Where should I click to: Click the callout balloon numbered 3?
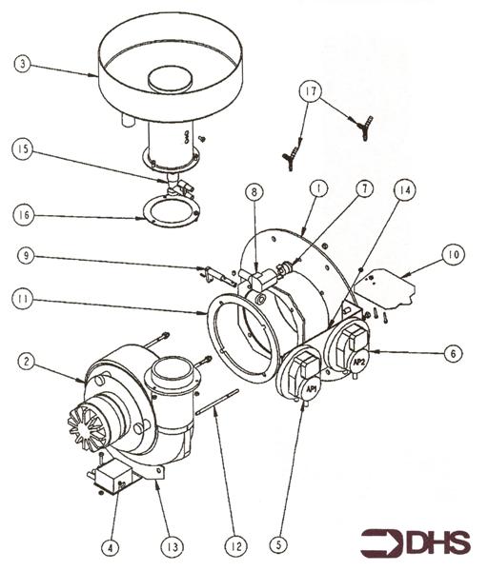coord(22,64)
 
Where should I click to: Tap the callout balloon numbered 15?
coord(23,149)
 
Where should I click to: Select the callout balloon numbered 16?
coord(23,215)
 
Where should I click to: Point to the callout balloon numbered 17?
coord(311,91)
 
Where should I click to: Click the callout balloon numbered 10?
coord(453,254)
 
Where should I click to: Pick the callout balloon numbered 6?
coord(453,353)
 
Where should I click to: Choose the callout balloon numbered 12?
coord(236,546)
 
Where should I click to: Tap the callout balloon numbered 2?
coord(27,362)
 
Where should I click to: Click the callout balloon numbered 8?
coord(254,192)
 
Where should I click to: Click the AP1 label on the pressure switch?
coord(312,389)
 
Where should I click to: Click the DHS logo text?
coord(437,543)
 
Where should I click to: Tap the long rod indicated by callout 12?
coord(217,402)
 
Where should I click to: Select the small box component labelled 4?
coord(112,478)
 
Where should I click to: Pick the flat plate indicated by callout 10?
coord(385,287)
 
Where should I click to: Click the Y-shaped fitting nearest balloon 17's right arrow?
coord(364,127)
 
